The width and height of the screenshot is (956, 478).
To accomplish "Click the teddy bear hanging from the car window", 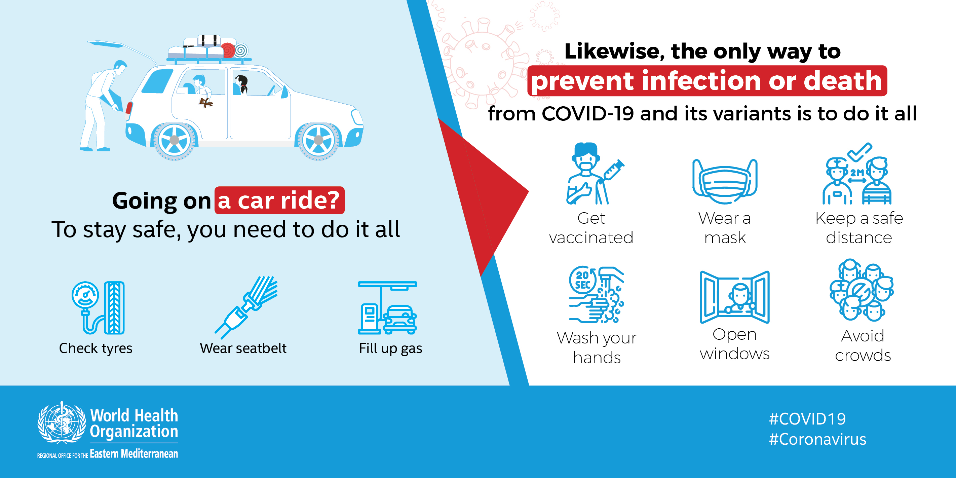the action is click(205, 102).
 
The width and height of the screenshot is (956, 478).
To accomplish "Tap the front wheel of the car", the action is click(318, 140).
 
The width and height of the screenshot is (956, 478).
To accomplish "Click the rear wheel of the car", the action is click(174, 140).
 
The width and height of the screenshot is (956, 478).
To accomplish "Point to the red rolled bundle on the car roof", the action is click(228, 50).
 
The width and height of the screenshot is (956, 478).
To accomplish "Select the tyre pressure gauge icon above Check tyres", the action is click(98, 308).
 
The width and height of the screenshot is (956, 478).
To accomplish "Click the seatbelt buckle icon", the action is click(246, 308).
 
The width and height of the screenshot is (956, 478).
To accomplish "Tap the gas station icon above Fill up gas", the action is click(387, 308).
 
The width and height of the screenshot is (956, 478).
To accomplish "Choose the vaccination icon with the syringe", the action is click(595, 174).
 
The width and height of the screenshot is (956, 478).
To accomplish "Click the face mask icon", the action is click(725, 181).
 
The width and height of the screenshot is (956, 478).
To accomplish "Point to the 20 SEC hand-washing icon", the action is click(597, 294).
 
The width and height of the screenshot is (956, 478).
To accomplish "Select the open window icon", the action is click(735, 297).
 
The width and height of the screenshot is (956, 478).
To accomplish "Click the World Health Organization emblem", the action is click(62, 423).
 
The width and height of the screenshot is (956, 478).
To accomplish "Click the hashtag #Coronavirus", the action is click(817, 439).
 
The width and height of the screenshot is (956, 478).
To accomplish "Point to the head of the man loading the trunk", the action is click(119, 68).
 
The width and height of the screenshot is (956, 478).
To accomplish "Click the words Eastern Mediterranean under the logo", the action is click(134, 453).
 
